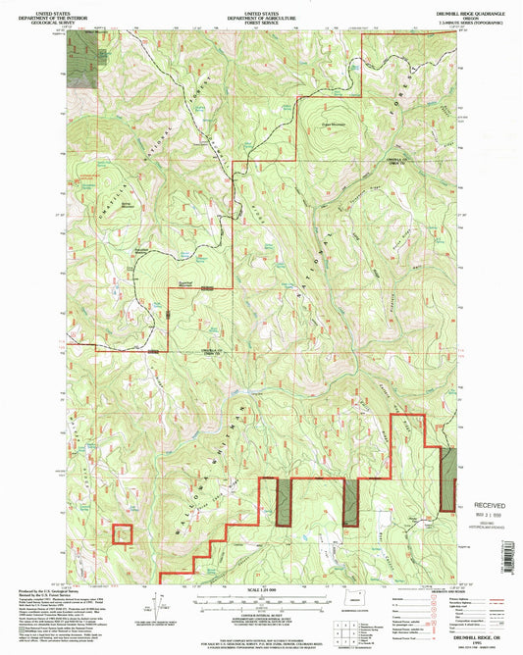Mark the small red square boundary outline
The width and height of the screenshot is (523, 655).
coord(122,534)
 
